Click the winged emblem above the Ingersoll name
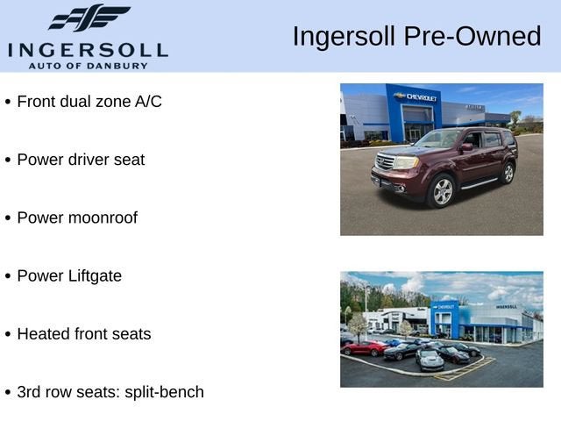(89, 18)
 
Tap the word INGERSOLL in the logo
(88, 51)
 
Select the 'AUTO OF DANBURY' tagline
(88, 66)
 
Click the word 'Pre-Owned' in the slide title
(472, 36)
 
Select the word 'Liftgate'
(95, 276)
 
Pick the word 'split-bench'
(164, 392)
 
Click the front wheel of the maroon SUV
(443, 191)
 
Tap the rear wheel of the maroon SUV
(508, 173)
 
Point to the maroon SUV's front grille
(385, 161)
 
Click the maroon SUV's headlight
(406, 163)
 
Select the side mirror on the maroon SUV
(466, 146)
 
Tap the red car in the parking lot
(365, 347)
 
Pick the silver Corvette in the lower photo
(430, 359)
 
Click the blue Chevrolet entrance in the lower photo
(444, 319)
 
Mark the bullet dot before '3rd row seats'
(8, 393)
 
